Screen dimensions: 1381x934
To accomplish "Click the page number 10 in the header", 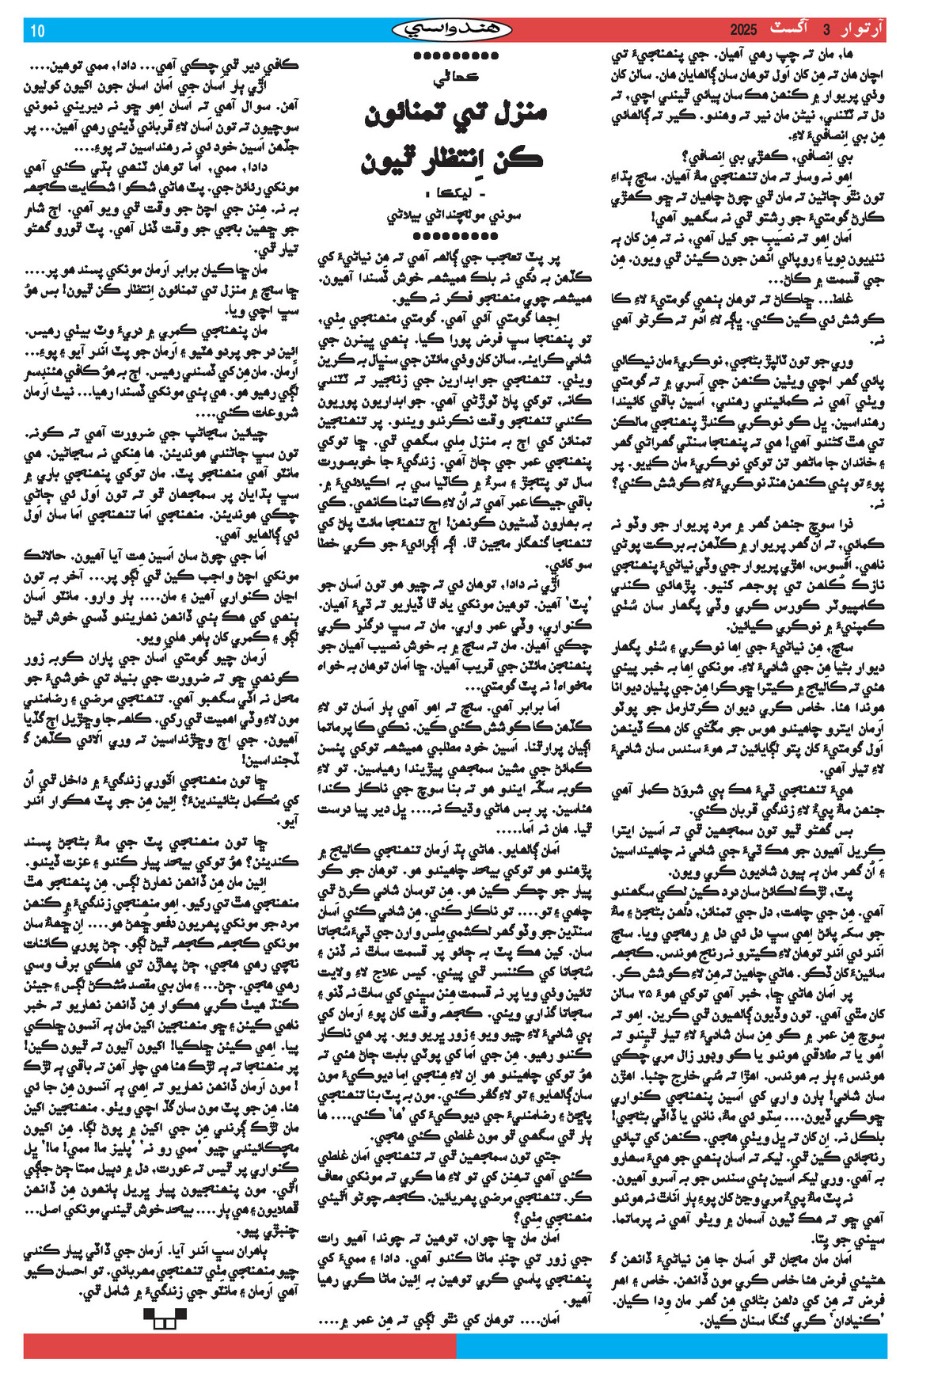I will pyautogui.click(x=38, y=31).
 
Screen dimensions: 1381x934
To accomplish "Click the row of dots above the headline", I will pyautogui.click(x=456, y=56).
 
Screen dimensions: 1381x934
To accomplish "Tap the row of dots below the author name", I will pyautogui.click(x=456, y=236).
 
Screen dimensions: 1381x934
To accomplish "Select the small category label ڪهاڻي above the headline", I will pyautogui.click(x=457, y=80).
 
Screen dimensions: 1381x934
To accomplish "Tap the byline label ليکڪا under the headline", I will pyautogui.click(x=464, y=195).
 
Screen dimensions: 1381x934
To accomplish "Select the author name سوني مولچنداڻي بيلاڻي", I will pyautogui.click(x=456, y=216).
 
